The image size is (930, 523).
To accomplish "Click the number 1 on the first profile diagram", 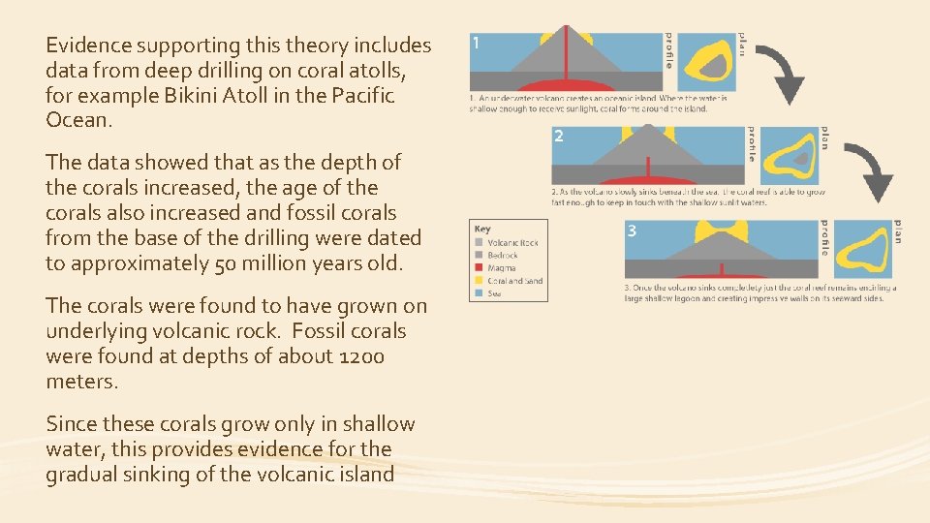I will coord(478,43).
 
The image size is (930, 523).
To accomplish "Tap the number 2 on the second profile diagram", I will coord(559,137).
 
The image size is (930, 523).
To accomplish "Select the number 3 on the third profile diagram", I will coord(632,231).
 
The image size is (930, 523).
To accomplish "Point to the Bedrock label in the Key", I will coord(503,255).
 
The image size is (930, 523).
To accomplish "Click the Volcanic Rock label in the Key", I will coord(512,242).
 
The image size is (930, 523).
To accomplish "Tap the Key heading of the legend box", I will coord(482,229).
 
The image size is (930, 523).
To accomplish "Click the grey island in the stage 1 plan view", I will coord(715,65).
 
